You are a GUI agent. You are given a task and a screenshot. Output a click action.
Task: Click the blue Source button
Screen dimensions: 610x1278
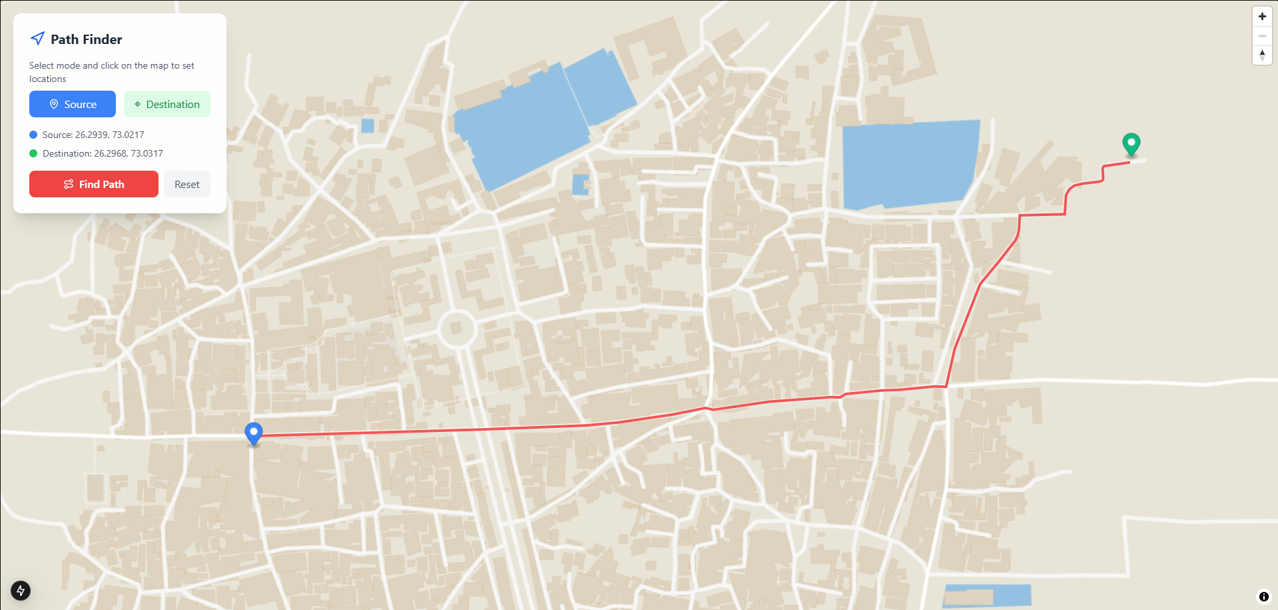coord(73,104)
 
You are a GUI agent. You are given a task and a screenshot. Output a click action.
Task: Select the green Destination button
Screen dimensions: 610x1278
coord(167,104)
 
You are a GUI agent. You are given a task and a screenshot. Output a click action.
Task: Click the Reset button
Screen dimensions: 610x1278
coord(186,184)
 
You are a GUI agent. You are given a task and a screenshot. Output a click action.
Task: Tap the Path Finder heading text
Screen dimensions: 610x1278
coord(86,39)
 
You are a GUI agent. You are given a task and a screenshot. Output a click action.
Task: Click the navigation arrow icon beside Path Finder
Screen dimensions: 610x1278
coord(38,39)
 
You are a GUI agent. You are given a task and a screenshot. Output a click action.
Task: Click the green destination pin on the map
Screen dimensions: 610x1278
coord(1131,143)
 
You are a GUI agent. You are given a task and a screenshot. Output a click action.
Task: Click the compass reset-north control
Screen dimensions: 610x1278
coord(1262,55)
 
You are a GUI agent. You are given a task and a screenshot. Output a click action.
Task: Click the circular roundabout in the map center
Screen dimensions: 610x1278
coord(456,328)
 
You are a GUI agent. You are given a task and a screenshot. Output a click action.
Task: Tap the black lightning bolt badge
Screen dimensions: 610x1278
coord(21,590)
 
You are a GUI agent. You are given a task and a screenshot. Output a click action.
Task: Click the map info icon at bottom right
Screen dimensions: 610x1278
coord(1263,597)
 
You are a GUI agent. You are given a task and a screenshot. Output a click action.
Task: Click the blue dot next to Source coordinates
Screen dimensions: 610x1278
coord(33,135)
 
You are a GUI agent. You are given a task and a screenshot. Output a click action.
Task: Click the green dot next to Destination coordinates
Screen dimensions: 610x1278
coord(33,153)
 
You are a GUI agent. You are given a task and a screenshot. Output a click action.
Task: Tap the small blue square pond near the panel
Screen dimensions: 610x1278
coord(367,125)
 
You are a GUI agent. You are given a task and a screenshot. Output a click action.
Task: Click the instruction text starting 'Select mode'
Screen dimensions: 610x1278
coord(111,72)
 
